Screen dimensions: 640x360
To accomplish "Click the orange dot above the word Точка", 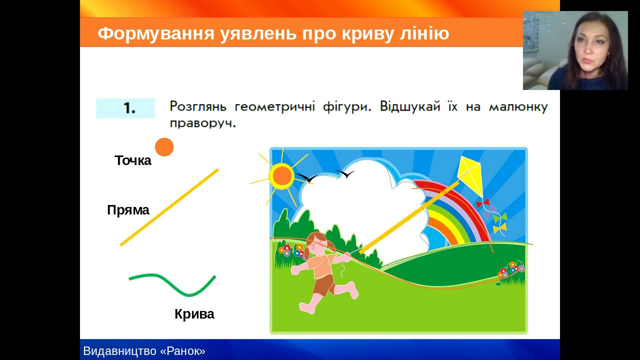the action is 164,147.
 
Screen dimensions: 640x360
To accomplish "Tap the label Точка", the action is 133,160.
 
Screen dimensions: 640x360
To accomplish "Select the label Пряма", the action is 128,210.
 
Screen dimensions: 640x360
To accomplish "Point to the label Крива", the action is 194,314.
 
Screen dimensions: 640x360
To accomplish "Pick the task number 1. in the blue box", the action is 129,108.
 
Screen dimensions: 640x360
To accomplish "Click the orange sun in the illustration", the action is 282,176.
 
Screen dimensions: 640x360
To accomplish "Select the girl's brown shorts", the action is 324,285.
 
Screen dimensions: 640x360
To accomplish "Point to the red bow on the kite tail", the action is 482,203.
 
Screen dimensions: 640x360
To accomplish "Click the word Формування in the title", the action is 155,33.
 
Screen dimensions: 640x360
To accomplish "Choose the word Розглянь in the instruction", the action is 198,106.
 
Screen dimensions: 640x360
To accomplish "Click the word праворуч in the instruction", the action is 203,123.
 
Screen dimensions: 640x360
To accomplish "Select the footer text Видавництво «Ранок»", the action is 144,351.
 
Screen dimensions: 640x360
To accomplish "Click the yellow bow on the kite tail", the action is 499,228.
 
